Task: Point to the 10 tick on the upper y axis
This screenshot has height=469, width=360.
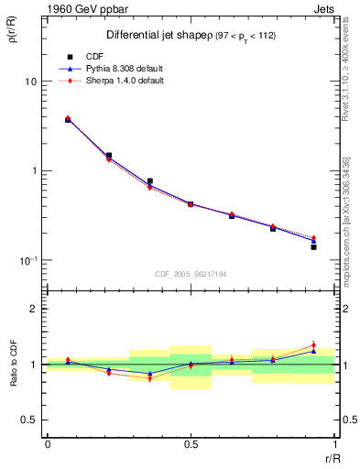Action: tap(30, 82)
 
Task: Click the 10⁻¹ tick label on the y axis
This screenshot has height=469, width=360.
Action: tap(28, 260)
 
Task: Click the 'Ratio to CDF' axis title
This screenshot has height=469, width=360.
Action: tap(14, 376)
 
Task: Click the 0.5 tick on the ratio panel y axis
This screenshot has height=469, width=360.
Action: tap(29, 420)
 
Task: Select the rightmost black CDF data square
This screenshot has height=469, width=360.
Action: tap(313, 247)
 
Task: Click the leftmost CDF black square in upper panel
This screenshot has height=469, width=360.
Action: tap(68, 120)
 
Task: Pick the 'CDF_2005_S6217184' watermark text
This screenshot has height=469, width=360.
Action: tap(191, 274)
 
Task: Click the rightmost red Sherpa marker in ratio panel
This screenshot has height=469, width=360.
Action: tap(313, 345)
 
